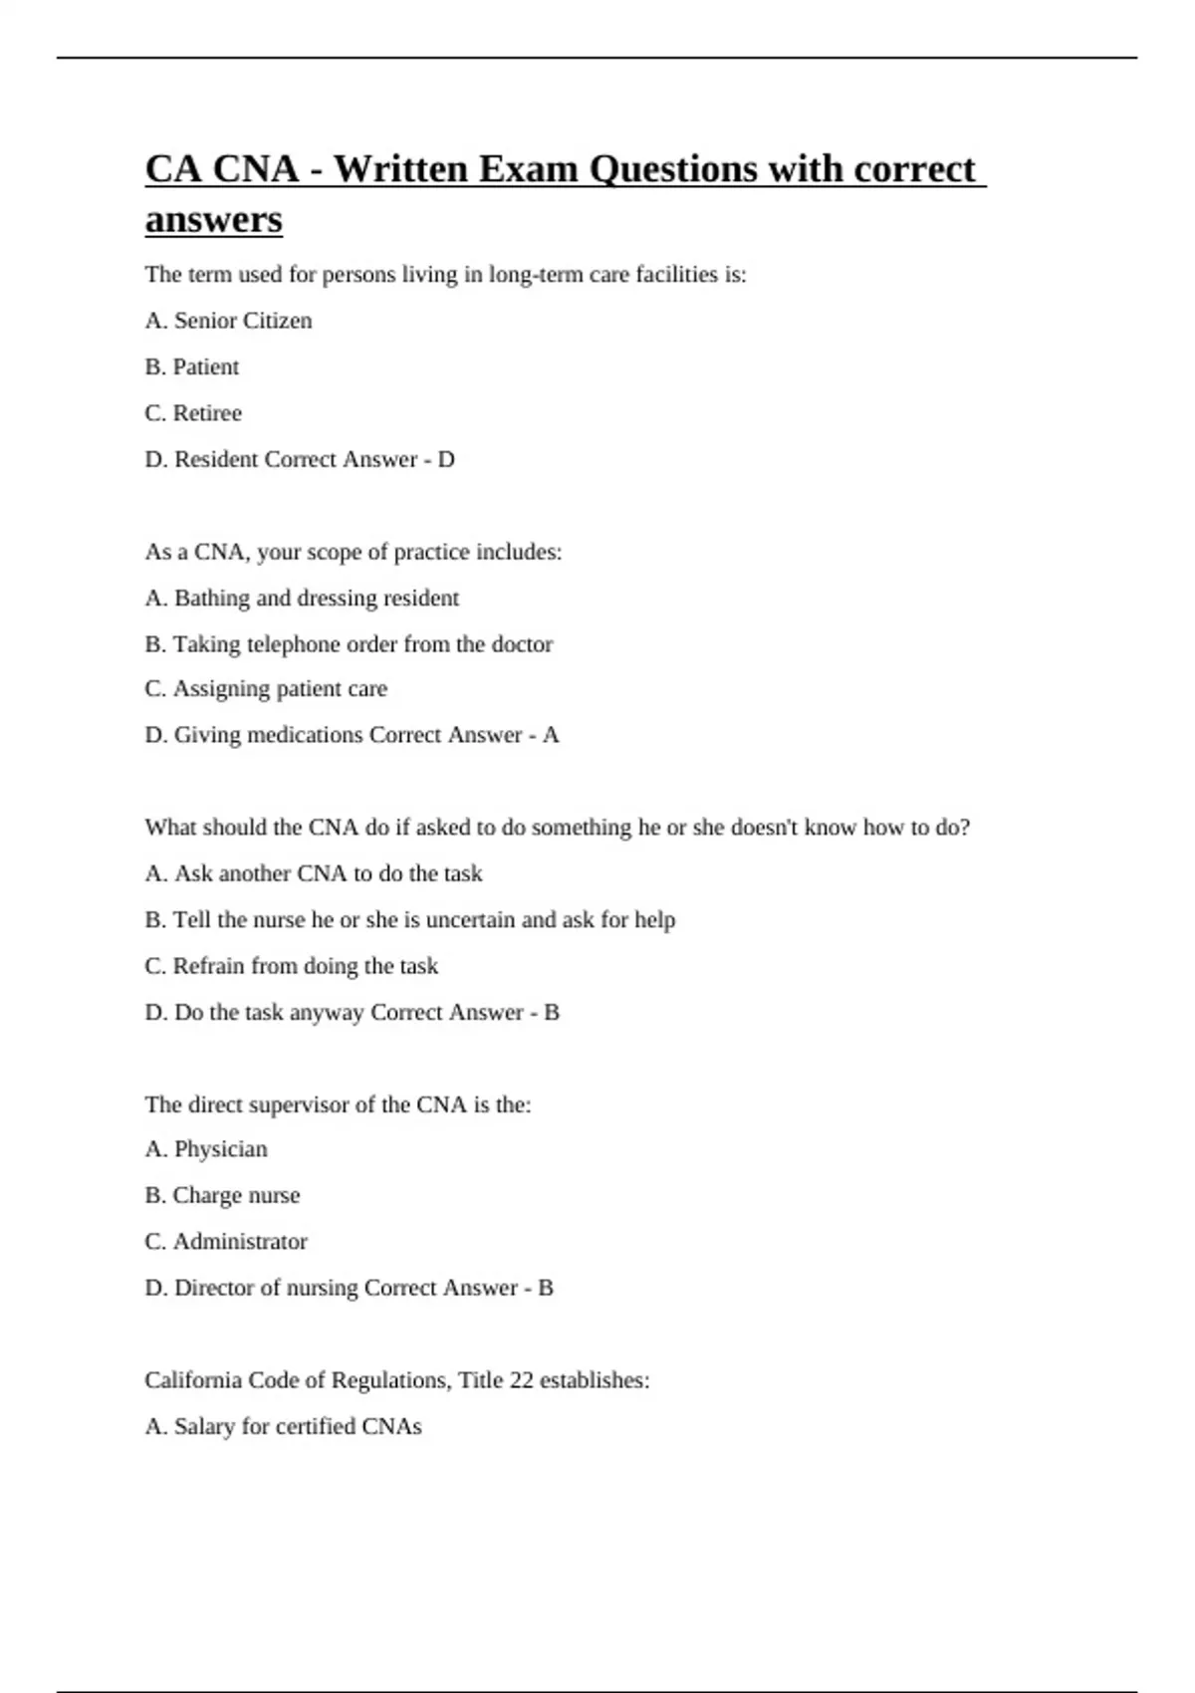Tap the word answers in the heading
click(213, 220)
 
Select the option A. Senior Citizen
click(228, 321)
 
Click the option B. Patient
click(191, 367)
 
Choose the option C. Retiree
click(193, 413)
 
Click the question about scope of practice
click(354, 552)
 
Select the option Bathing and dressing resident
click(302, 599)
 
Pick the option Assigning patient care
click(266, 689)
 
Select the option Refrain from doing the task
click(291, 966)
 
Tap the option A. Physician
click(206, 1149)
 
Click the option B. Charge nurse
click(222, 1195)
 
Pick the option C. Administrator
click(226, 1242)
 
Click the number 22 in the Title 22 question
click(521, 1380)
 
